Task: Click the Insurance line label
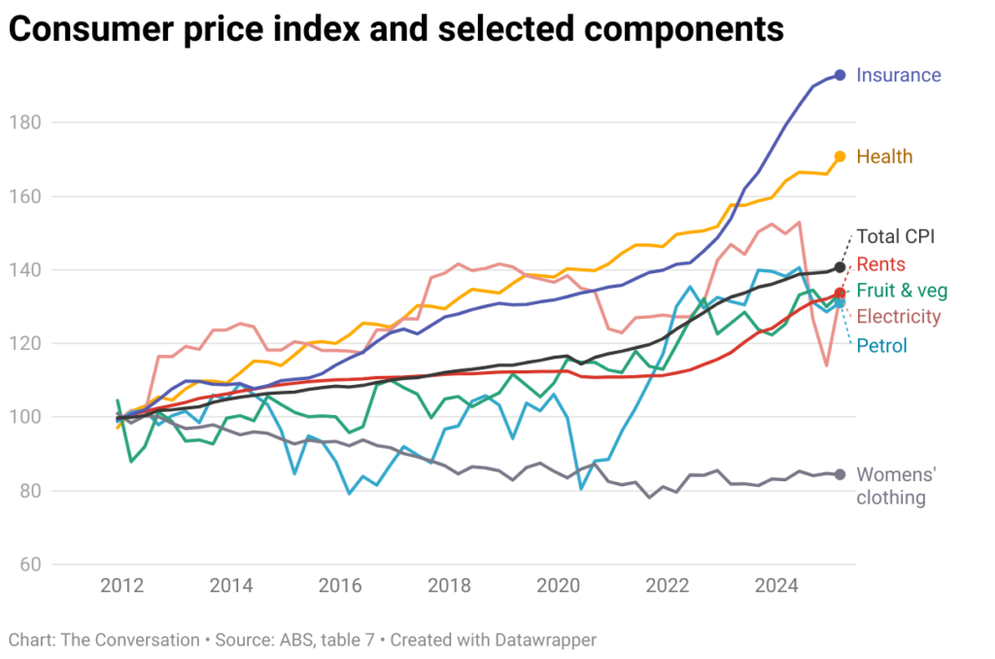click(898, 75)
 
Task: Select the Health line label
click(883, 156)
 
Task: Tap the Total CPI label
click(894, 236)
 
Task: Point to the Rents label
click(880, 264)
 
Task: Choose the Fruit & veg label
click(902, 291)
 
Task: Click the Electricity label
click(898, 316)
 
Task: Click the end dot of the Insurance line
click(840, 75)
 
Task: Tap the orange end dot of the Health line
click(840, 156)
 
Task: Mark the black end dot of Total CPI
click(840, 267)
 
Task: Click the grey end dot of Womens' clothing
click(840, 474)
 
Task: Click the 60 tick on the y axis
click(27, 565)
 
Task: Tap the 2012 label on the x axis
click(121, 586)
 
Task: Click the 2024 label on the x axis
click(776, 586)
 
